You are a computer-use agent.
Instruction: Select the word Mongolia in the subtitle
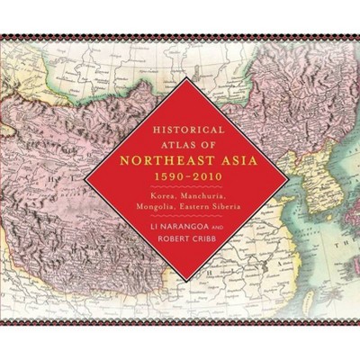point(150,217)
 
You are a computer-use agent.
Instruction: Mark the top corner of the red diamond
point(181,78)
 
